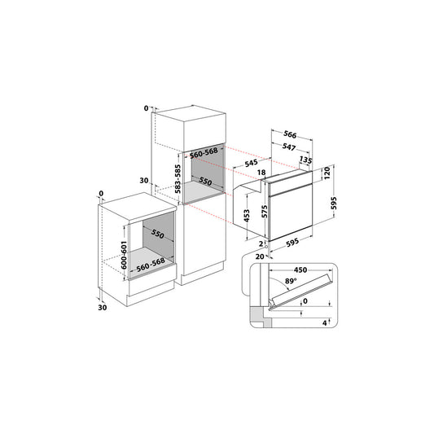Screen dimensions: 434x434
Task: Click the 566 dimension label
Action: (x=290, y=134)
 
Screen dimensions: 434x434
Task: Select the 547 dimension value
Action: (x=289, y=147)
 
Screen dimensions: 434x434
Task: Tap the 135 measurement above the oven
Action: (x=306, y=160)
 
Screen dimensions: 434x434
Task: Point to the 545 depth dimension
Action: (x=251, y=163)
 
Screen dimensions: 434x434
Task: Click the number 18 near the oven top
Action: (x=261, y=173)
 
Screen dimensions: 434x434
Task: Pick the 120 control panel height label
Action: (x=327, y=173)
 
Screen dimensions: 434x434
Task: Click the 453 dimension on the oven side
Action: (x=247, y=216)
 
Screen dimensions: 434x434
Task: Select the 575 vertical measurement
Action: (x=265, y=212)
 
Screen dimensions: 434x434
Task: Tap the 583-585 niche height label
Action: (x=178, y=179)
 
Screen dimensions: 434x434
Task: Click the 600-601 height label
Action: (x=124, y=255)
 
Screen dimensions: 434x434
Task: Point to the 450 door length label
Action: (x=300, y=270)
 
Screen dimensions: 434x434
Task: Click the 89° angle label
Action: (x=291, y=281)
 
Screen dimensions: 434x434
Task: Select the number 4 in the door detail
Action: (x=325, y=322)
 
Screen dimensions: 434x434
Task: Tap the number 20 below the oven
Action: (x=260, y=256)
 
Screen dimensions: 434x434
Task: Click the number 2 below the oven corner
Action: (x=261, y=243)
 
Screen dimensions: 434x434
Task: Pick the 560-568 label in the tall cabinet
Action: (x=204, y=153)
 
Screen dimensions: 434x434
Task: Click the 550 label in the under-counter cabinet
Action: (x=157, y=235)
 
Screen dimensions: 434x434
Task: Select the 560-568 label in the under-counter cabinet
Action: (x=151, y=265)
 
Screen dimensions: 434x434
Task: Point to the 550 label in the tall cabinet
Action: (x=205, y=182)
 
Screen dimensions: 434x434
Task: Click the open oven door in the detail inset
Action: (x=302, y=291)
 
